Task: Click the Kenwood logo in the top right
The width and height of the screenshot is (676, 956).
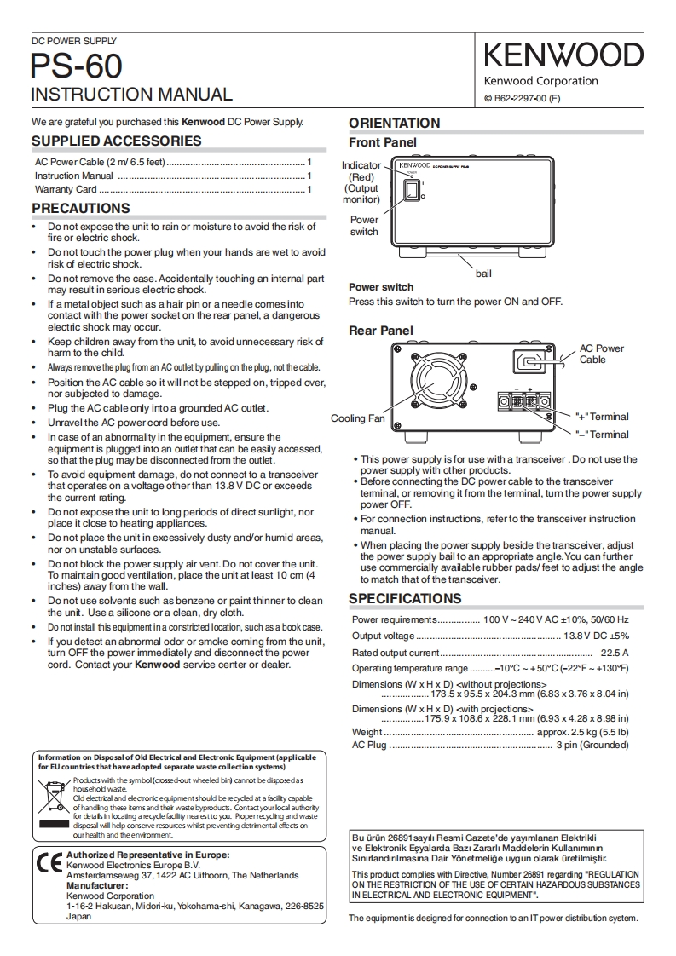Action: (563, 55)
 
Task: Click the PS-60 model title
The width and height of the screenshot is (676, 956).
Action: (77, 66)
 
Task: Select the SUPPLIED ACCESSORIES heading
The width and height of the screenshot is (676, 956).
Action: (117, 141)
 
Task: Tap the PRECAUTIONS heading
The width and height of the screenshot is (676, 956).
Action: (81, 209)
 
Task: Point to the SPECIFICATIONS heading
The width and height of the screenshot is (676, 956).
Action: (405, 598)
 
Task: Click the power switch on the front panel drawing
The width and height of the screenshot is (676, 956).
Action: (412, 193)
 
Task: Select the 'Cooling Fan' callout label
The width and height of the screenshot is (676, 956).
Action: (357, 418)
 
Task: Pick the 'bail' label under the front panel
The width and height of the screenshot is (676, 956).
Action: (483, 274)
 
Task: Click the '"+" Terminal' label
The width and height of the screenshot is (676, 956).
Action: (602, 417)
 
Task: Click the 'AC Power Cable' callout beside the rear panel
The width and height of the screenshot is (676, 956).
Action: (602, 354)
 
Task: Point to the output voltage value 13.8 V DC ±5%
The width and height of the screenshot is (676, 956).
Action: (596, 636)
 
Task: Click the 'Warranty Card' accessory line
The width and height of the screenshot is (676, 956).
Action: (66, 189)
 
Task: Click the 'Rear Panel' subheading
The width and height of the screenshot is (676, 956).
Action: (380, 331)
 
